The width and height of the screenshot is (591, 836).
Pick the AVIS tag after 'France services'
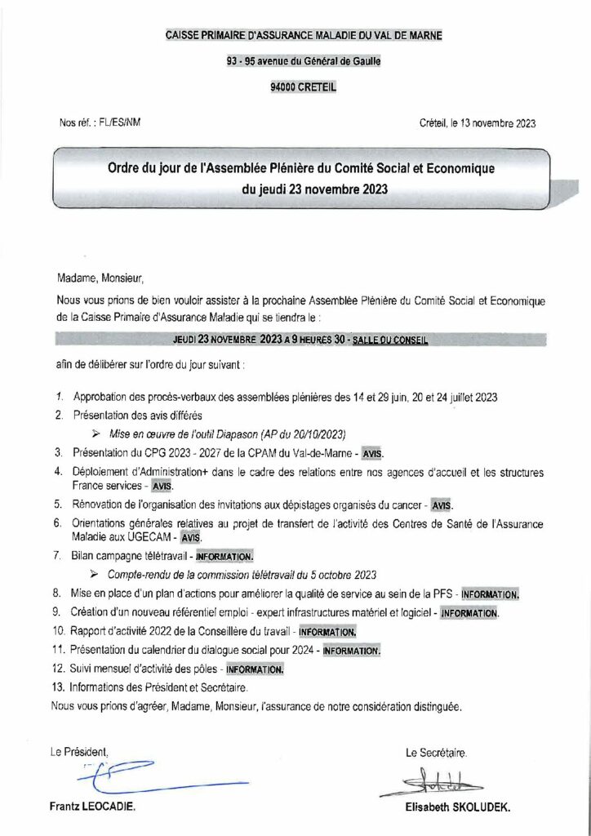click(162, 485)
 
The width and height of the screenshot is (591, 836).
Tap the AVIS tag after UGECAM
click(190, 538)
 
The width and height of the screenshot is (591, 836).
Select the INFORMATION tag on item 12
click(255, 669)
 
